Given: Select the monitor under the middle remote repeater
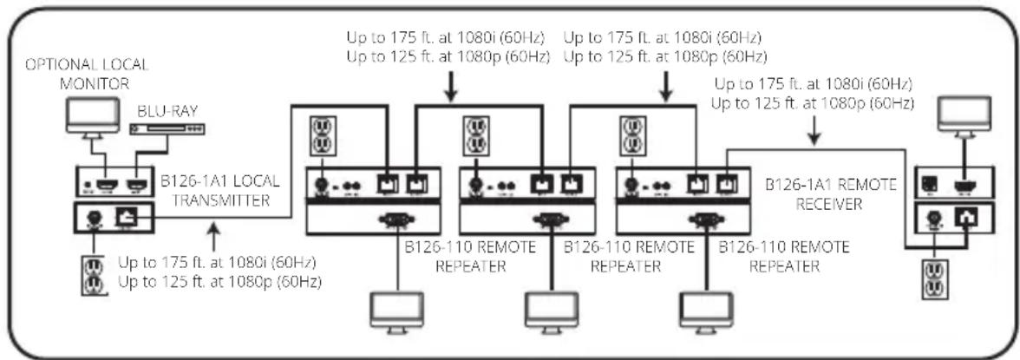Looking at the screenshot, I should point(549,310).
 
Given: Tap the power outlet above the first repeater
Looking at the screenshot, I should point(321,135).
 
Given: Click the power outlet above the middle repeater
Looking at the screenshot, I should point(474,135).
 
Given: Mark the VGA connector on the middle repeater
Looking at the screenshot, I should point(550,220).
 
